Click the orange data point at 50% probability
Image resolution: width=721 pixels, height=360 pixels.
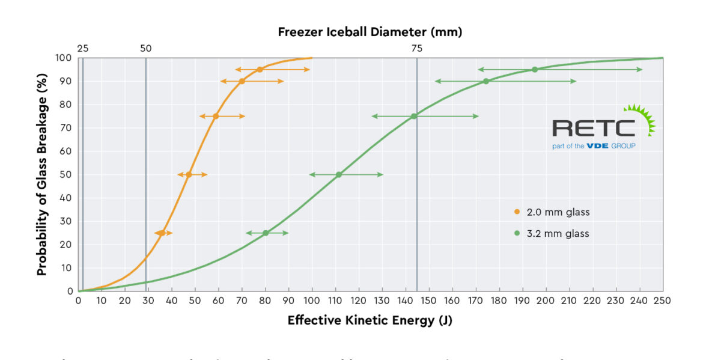coord(189,174)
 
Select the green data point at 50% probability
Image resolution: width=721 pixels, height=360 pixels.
coord(339,174)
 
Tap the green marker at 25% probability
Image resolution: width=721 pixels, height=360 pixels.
coord(266,233)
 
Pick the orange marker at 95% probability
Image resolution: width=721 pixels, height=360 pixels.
coord(260,70)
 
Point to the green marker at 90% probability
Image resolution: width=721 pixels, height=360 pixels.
coord(485,81)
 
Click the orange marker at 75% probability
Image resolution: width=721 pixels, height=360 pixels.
coord(216,116)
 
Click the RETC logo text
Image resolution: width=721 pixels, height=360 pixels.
coord(594,128)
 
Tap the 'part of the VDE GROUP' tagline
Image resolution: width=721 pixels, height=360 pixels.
coord(594,146)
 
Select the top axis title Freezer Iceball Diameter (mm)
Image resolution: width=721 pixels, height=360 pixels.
coord(370,32)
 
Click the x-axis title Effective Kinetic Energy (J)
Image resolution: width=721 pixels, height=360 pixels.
coord(370,320)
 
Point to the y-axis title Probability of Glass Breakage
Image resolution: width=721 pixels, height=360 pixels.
coord(41,174)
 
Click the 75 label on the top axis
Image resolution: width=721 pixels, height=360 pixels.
coord(416,49)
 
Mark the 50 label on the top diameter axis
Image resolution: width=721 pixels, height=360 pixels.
coord(145,49)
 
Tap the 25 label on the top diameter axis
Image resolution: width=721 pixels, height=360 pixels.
coord(83,49)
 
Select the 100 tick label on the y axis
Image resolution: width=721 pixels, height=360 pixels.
coord(64,58)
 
